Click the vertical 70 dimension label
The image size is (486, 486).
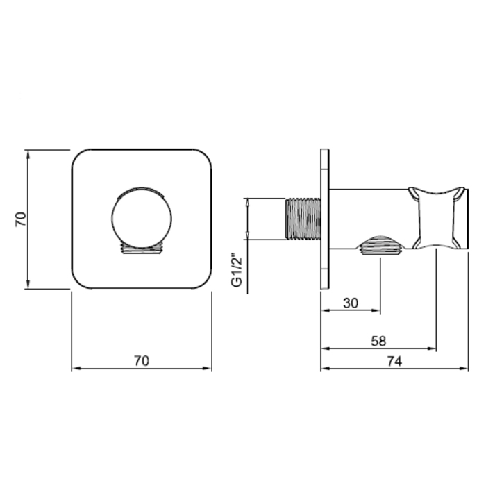21,219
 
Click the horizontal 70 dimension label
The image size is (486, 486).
142,361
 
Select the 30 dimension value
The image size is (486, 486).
351,303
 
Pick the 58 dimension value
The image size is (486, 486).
378,342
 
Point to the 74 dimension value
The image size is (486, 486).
394,361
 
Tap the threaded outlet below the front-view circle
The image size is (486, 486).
142,248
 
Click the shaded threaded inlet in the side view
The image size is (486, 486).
303,219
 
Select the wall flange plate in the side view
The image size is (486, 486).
325,219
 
